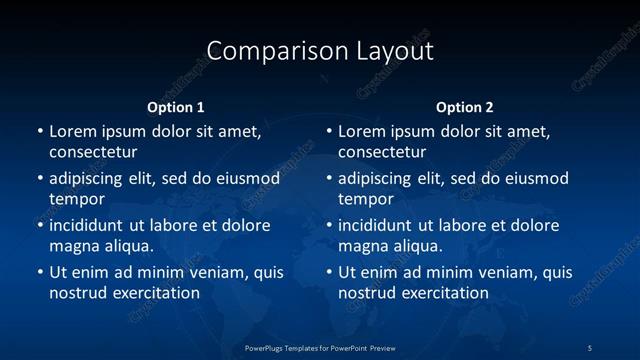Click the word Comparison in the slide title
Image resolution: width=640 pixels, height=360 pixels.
tap(266, 51)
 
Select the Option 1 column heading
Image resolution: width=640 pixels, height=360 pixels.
tap(176, 107)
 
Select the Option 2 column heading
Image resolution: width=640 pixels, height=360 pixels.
tap(465, 107)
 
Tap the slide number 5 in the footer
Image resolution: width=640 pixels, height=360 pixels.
tap(589, 347)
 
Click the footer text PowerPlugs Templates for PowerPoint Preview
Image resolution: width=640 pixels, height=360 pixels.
tap(320, 347)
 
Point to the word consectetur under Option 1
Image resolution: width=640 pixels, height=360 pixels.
tap(93, 153)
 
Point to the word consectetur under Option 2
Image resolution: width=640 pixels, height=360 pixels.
tap(382, 153)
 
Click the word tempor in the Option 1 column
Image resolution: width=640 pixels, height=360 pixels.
tap(77, 199)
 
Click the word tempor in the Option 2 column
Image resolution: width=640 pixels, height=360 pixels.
tap(366, 199)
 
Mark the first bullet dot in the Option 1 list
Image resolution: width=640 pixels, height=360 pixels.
tap(40, 131)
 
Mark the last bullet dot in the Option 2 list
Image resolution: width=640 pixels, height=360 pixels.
tap(329, 272)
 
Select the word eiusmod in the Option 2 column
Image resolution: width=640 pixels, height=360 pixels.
tap(538, 179)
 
